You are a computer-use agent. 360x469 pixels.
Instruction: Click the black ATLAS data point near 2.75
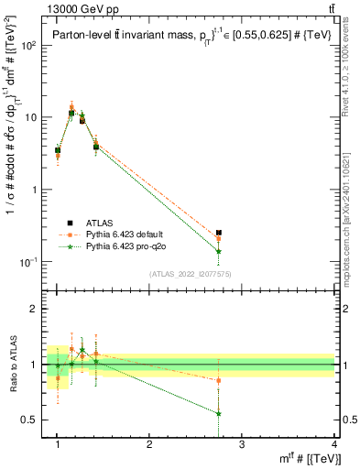[218, 234]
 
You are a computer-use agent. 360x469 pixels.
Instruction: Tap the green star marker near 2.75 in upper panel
[218, 251]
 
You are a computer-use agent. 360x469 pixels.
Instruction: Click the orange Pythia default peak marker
[71, 107]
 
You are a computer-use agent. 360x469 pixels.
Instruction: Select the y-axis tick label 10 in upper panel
[36, 117]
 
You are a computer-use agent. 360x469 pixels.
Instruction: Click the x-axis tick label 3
[242, 444]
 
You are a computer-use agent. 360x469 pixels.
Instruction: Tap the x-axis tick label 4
[334, 444]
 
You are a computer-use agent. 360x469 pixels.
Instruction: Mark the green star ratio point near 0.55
[218, 413]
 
